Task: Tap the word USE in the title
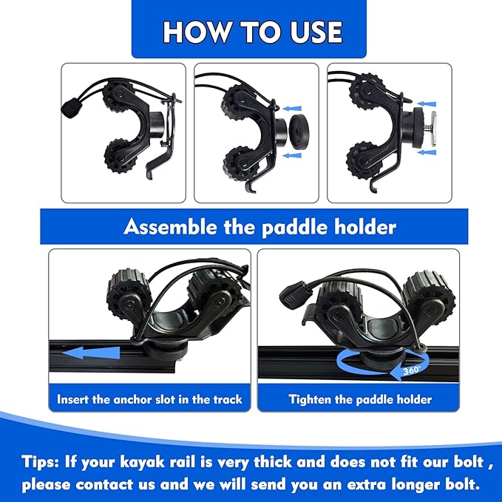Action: coord(316,32)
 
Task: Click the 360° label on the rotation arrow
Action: coord(412,370)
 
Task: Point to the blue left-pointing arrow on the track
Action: coord(91,353)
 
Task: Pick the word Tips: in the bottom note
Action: coord(41,462)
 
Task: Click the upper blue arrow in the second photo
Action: coord(291,109)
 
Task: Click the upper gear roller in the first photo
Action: coord(116,93)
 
